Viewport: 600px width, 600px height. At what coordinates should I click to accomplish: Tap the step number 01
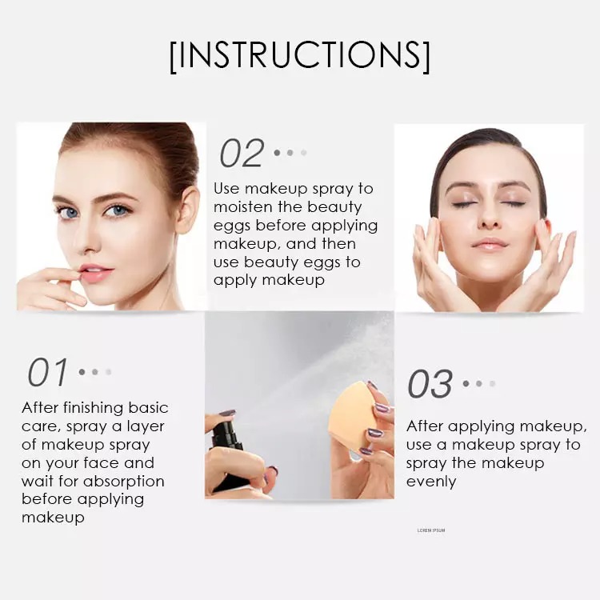tap(47, 372)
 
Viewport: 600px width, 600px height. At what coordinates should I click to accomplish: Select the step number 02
tap(242, 153)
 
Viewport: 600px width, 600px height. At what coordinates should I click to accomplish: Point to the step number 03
tap(430, 384)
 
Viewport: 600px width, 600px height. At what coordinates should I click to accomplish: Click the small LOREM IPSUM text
tap(431, 530)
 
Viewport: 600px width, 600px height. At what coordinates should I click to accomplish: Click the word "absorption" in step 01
tap(123, 482)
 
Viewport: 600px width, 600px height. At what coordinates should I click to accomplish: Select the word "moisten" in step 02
tap(243, 207)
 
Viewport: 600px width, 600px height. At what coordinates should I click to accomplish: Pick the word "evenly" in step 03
tap(431, 482)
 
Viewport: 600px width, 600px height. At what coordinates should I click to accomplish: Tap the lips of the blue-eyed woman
tap(96, 274)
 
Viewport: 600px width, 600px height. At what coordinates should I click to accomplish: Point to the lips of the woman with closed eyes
tap(489, 244)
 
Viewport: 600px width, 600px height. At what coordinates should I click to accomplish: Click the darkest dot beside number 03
tap(466, 383)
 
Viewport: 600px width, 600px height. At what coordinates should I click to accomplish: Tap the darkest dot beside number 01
tap(82, 371)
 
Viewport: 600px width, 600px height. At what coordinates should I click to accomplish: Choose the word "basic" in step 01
tap(149, 408)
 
